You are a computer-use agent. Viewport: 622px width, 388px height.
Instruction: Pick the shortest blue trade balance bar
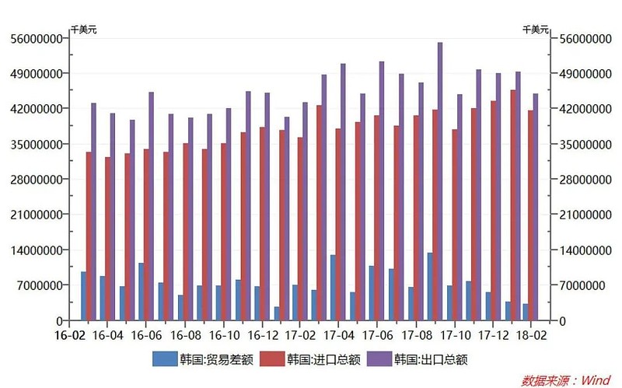(277, 313)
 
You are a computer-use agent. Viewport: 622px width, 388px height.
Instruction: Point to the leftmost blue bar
(83, 295)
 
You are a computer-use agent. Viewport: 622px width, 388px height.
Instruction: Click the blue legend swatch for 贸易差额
(165, 358)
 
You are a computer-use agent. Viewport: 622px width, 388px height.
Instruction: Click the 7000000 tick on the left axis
(40, 285)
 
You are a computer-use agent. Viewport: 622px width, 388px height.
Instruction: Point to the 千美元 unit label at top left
(84, 29)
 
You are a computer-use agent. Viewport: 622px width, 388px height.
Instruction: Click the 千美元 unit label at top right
(536, 29)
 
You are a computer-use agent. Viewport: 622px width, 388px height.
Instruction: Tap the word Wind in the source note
(597, 380)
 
